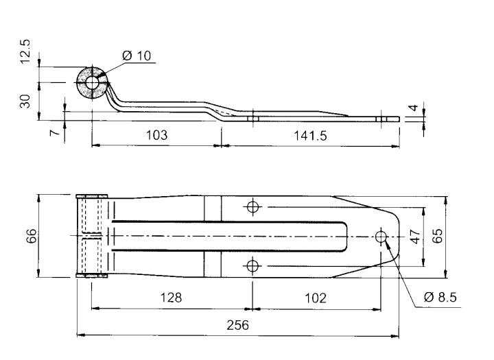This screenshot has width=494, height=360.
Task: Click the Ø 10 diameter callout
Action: point(137,56)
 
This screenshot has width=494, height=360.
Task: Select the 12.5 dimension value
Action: point(25,51)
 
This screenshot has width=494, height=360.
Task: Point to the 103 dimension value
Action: point(156,135)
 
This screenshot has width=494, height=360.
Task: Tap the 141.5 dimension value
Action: point(310,136)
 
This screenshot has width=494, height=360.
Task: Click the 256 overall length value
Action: point(238,325)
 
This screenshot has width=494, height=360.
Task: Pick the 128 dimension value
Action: point(172,298)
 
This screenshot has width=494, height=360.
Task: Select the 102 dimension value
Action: point(316,298)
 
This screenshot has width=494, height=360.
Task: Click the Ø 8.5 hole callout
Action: point(440,297)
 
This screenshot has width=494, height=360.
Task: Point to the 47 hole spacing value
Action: point(416,237)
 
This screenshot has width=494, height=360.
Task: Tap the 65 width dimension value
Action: point(437,236)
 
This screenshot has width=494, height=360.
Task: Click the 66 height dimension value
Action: point(31,236)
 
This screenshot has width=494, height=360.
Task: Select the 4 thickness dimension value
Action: point(414,108)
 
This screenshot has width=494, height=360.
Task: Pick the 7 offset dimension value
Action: point(56,132)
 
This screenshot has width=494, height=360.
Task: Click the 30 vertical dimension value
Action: point(25,101)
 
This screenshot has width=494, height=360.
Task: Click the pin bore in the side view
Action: point(92,83)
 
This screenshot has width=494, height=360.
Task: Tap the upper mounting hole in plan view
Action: point(252,207)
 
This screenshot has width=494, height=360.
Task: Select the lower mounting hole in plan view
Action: point(252,266)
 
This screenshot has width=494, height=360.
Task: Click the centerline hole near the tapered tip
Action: point(381,236)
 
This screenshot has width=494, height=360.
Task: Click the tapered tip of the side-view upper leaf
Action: point(348,116)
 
